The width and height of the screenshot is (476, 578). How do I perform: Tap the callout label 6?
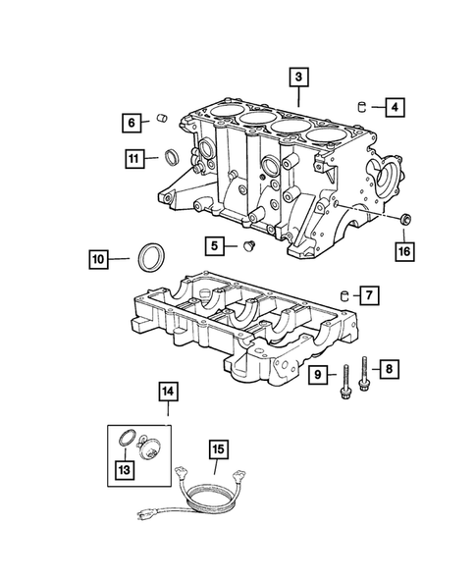pos(131,123)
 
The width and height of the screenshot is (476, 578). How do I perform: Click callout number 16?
pos(404,251)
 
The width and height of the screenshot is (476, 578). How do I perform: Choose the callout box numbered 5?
pos(214,244)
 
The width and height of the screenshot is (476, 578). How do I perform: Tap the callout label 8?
pos(390,369)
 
